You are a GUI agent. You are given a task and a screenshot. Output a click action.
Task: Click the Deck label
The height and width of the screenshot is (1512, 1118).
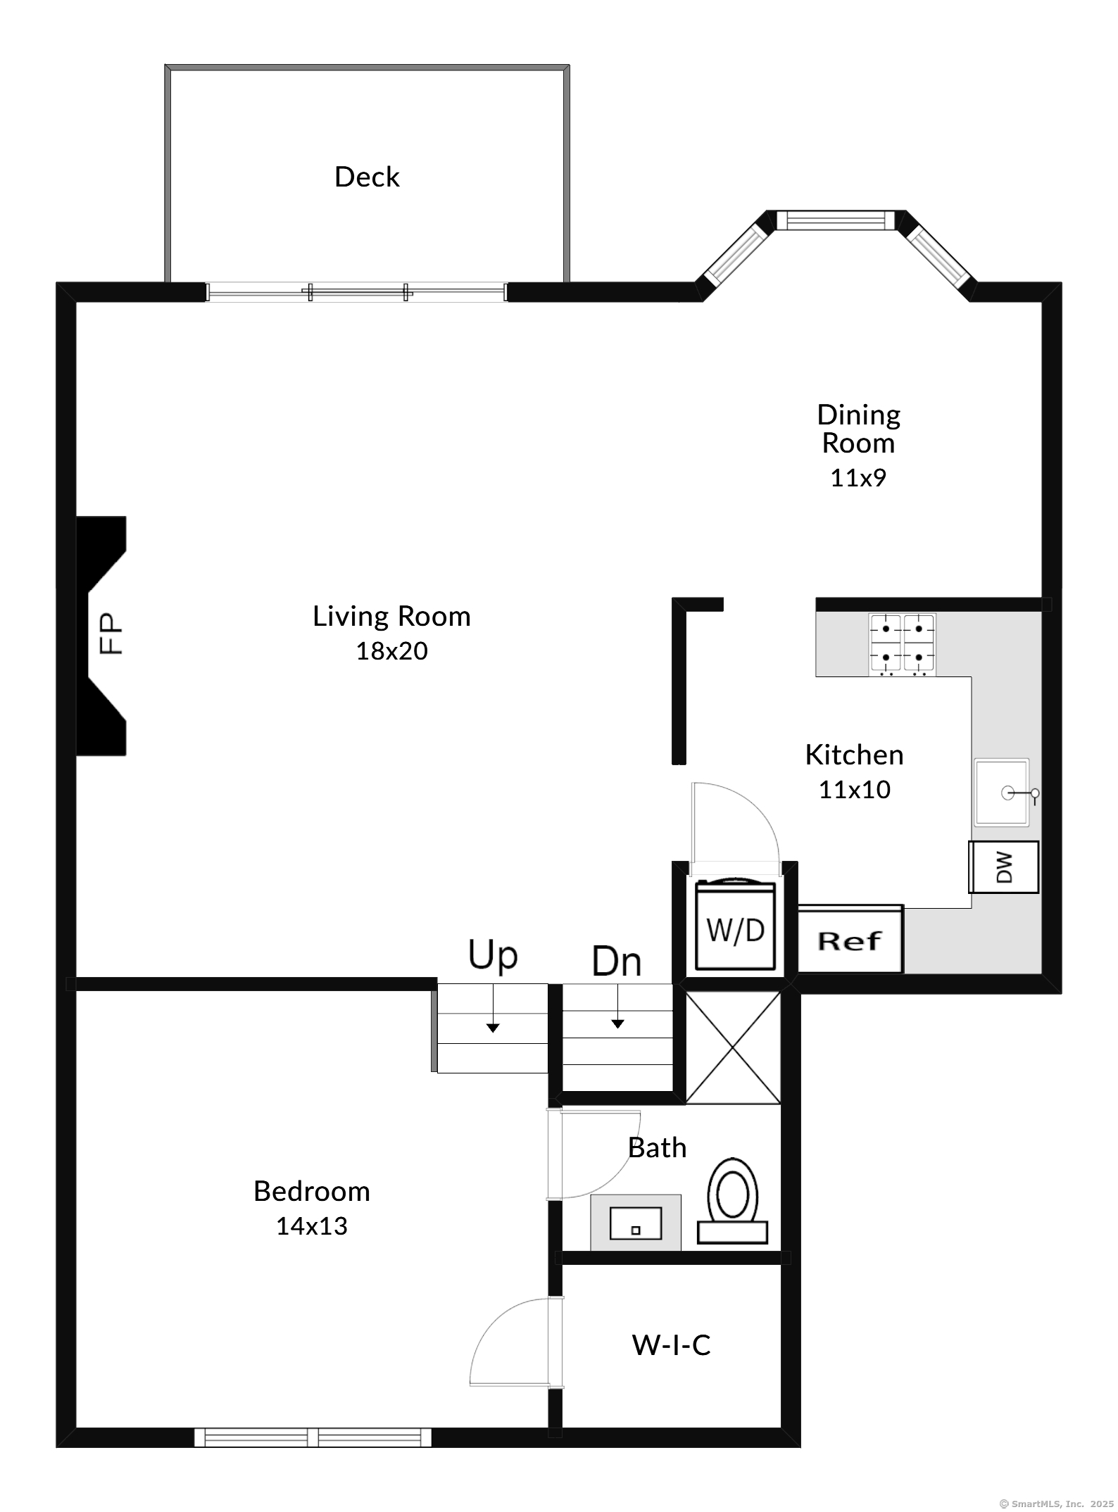point(367,177)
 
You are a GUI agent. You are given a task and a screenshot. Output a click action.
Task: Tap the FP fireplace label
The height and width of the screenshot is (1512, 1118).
point(111,634)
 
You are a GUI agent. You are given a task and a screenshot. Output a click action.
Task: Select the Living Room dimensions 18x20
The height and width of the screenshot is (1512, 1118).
point(391,651)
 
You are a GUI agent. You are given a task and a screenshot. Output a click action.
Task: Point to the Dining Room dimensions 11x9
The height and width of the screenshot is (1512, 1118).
point(858,478)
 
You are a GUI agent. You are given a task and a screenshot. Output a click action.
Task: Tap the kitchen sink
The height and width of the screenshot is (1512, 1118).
point(1002,792)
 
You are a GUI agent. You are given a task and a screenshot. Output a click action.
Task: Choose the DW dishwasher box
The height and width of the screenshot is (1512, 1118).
point(1004,867)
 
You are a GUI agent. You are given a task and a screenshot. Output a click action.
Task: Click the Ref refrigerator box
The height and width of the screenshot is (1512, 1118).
point(850,940)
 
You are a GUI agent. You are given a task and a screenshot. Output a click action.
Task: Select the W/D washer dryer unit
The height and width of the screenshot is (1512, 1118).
point(735,925)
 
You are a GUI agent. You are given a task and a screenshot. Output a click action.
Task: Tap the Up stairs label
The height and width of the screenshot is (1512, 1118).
point(493,955)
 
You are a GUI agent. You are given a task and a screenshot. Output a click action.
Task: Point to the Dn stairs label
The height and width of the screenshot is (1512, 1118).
point(617,962)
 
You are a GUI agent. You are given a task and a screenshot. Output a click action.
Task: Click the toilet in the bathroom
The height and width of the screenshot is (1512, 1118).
point(732,1201)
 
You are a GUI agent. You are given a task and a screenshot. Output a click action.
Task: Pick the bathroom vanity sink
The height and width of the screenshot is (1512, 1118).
point(636,1223)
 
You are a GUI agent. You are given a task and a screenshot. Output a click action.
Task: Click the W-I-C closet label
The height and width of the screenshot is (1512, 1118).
point(671,1345)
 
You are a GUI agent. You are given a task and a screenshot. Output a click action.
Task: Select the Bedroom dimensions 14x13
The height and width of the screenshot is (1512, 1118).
point(311,1226)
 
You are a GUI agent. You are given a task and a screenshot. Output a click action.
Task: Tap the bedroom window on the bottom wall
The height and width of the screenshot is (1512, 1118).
point(313,1437)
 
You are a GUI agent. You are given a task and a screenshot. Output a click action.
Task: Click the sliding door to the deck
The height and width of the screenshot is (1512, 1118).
point(356,292)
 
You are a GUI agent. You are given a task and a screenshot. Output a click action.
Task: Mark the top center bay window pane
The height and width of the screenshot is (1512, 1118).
point(835,220)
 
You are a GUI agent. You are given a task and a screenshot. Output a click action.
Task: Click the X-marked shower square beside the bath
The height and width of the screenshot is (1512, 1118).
point(733,1048)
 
